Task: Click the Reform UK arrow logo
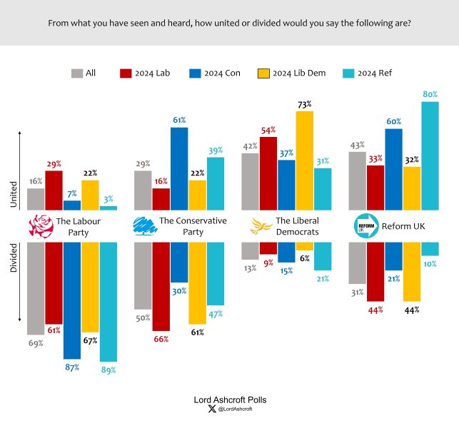(365, 226)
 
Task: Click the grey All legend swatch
(77, 73)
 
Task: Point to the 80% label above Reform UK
(430, 94)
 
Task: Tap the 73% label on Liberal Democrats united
(305, 104)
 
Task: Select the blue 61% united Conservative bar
(179, 168)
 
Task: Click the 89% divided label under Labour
(109, 370)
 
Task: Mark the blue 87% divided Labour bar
(72, 300)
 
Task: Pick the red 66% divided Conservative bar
(161, 285)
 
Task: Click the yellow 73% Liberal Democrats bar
(305, 160)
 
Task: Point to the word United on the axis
(13, 193)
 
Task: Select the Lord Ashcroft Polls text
(230, 399)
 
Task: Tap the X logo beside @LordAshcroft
(211, 409)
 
